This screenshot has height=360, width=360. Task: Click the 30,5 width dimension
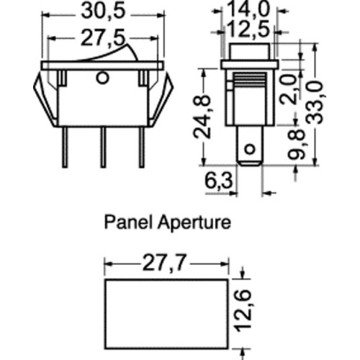coord(104,12)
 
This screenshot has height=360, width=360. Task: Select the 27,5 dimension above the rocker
coord(103,38)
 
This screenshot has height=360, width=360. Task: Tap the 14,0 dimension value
coord(248,9)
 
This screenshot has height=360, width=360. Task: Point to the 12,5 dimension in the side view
coord(248,29)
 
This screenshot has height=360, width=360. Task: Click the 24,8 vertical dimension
coord(202,117)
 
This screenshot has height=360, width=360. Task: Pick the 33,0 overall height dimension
coord(315,103)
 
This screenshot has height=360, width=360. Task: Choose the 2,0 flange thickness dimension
coord(288,89)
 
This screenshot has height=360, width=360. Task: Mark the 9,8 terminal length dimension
coord(297,145)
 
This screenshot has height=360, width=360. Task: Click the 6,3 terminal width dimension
coord(219,181)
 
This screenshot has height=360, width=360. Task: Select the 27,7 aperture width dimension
coord(164,263)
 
